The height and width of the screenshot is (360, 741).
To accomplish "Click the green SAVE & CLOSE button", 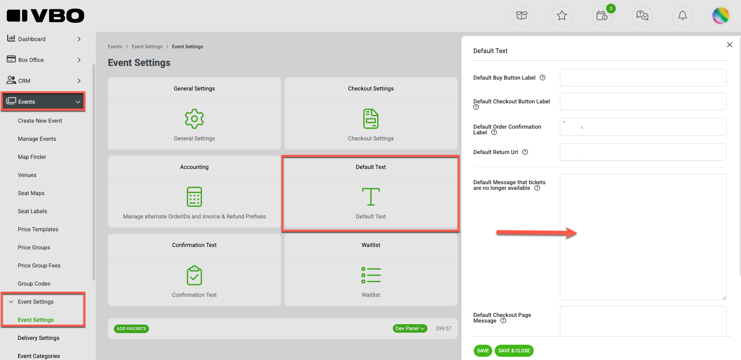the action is pos(514,351).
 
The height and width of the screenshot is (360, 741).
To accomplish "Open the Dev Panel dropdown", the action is pos(410,329).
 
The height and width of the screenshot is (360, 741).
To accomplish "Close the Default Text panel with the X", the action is pos(729,45).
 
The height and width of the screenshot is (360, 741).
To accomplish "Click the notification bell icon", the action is pos(683,16).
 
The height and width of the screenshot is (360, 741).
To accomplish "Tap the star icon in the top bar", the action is pos(562,16).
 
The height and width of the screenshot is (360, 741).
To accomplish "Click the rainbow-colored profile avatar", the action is pos(721,16).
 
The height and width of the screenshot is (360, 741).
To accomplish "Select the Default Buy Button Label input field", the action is pos(643,78).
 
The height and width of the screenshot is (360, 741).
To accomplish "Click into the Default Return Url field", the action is pos(643,152).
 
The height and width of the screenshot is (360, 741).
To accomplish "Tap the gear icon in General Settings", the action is pos(194,119).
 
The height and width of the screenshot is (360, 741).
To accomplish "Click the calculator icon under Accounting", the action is pos(194,197).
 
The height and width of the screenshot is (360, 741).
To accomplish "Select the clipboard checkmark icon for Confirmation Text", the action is pos(194,275).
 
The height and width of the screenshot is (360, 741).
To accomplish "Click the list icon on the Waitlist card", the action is pos(371,275).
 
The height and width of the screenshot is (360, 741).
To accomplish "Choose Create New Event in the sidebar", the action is pos(40,121).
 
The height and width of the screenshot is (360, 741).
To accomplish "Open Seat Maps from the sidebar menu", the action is pos(31,193).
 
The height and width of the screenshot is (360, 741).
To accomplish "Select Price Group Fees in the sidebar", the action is pos(39,265).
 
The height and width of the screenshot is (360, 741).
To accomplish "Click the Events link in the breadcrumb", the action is pos(115,47).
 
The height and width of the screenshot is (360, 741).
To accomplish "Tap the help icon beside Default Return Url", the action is pos(525,152).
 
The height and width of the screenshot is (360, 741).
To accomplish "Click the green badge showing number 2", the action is pos(611,8).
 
